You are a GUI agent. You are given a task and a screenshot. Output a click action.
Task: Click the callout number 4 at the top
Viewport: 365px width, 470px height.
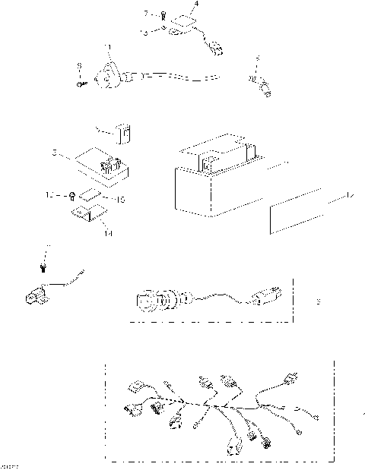point(196,5)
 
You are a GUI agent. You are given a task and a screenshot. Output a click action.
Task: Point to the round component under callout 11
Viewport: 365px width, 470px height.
point(107,73)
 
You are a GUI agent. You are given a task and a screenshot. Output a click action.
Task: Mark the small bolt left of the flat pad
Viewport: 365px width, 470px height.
point(71,195)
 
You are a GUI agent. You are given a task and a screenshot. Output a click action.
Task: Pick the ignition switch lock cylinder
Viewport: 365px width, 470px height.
point(149,299)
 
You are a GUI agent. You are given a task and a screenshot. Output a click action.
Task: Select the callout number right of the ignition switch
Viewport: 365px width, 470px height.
point(318,301)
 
